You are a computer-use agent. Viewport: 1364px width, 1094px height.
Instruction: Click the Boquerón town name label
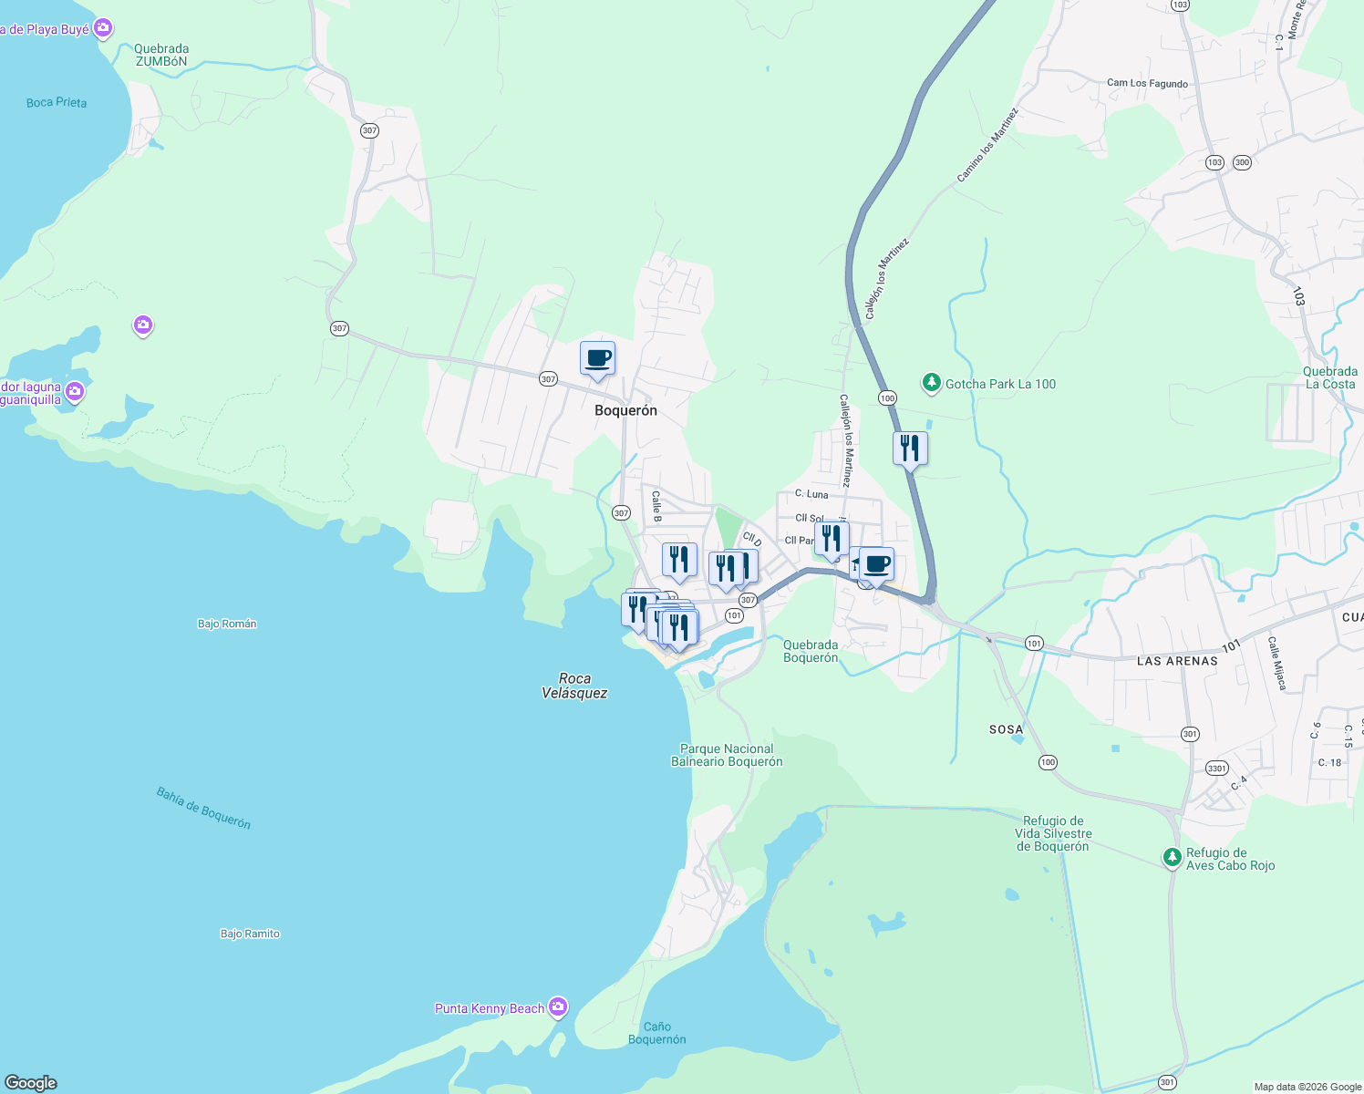point(625,410)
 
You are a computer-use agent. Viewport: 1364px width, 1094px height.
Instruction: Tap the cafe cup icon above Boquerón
point(597,358)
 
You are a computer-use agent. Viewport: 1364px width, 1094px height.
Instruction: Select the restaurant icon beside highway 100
point(910,448)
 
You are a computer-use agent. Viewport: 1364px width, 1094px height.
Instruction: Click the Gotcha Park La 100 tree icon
point(931,384)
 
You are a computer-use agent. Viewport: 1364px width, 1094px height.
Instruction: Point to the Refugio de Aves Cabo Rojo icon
point(1172,858)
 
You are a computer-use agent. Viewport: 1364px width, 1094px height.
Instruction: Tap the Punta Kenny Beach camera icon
point(558,1007)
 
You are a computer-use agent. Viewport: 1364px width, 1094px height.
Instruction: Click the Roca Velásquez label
point(574,686)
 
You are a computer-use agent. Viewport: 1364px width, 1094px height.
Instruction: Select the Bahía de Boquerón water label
point(203,808)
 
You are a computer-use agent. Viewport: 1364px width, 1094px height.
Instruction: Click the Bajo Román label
point(227,624)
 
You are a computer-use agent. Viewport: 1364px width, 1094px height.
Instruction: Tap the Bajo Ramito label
point(250,934)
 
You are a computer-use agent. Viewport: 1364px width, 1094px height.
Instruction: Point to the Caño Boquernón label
point(657,1033)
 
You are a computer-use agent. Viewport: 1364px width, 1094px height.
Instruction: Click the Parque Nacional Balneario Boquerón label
point(727,755)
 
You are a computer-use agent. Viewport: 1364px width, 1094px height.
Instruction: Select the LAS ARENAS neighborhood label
point(1177,661)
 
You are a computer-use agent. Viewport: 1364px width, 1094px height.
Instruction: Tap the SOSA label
point(1007,729)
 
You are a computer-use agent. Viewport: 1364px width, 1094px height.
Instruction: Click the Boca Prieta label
point(57,102)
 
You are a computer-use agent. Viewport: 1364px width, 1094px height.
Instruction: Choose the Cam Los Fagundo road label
point(1147,83)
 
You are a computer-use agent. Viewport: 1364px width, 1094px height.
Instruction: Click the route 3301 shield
point(1216,769)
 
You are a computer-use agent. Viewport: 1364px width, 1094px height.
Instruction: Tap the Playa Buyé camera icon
point(104,28)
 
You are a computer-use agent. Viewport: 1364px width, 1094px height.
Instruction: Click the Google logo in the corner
point(31,1083)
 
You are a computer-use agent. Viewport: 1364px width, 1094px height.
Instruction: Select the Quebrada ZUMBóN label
point(161,56)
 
